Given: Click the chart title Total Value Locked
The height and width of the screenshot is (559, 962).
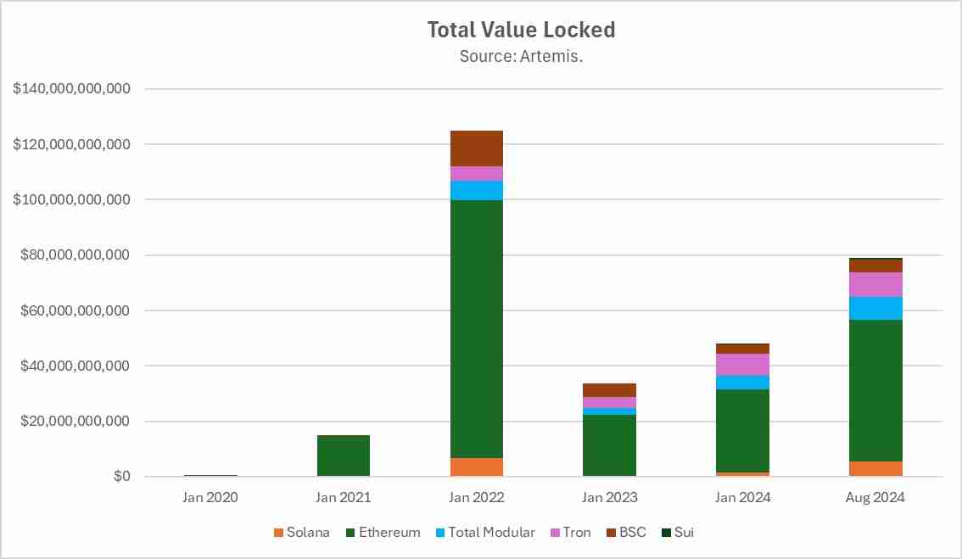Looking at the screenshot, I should [521, 30].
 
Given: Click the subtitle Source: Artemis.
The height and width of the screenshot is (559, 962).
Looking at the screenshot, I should [521, 57].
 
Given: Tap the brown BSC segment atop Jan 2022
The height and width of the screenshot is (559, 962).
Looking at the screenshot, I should [476, 148].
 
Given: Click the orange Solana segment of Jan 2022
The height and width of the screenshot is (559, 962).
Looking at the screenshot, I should [476, 467].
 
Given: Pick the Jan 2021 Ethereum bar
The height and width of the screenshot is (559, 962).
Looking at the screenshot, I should [343, 456].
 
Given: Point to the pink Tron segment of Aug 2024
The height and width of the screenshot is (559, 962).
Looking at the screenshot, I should [875, 284].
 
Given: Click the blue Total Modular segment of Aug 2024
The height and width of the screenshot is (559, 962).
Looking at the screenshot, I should [875, 308].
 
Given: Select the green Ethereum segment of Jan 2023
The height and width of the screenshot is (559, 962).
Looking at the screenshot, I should [609, 445].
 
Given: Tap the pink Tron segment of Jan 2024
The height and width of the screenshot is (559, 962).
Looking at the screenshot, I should [742, 365].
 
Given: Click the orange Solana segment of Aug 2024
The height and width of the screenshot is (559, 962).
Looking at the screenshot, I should [875, 469].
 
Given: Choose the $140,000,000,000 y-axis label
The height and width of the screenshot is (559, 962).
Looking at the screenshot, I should [71, 89].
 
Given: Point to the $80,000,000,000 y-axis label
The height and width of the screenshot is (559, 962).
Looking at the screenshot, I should [71, 255].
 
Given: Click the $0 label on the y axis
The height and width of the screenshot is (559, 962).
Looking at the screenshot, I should [121, 477].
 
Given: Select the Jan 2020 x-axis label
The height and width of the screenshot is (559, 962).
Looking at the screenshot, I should [210, 498].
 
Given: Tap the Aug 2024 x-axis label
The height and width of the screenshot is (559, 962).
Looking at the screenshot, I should [875, 498].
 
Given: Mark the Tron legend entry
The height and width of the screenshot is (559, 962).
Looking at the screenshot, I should [570, 533].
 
